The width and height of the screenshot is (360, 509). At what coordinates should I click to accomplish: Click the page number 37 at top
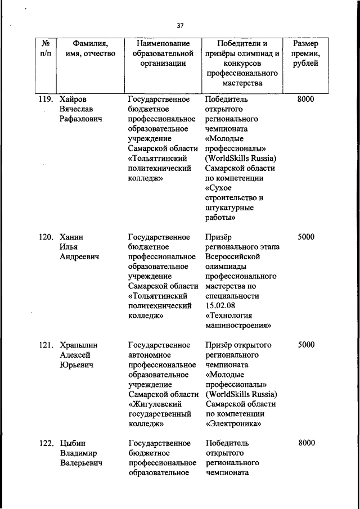(x=180, y=25)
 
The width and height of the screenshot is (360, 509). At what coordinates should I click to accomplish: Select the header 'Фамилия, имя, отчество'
(x=87, y=48)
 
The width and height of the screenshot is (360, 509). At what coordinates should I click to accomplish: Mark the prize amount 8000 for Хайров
(x=306, y=99)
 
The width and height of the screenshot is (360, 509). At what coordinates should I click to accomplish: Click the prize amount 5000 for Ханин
(x=306, y=237)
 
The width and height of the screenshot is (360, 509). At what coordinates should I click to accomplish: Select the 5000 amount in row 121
(x=306, y=345)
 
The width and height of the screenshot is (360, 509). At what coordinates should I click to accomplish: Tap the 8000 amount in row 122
(x=306, y=443)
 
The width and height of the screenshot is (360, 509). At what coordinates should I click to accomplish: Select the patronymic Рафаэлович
(x=84, y=119)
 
